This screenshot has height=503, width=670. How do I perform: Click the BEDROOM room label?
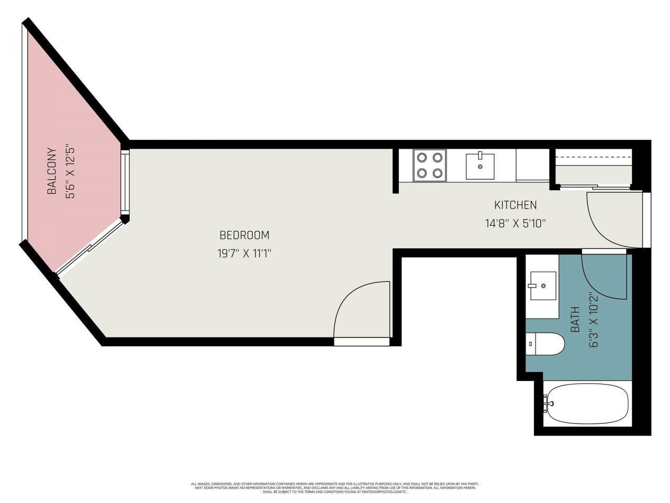[244, 235]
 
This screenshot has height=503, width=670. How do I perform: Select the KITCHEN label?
[516, 205]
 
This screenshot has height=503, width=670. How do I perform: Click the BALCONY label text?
[52, 171]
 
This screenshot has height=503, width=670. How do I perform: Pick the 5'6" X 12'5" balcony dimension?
[70, 171]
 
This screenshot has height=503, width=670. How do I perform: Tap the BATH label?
[575, 320]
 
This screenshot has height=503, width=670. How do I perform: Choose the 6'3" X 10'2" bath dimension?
[593, 320]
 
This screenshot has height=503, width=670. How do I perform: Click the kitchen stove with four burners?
[430, 166]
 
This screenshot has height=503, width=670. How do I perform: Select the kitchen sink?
[480, 166]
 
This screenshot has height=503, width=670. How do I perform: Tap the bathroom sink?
[543, 286]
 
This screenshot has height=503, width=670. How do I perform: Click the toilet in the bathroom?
[545, 344]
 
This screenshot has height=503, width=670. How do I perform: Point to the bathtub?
[585, 404]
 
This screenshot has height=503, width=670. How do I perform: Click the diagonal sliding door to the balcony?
[90, 247]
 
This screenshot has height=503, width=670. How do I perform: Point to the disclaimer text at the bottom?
[335, 488]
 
